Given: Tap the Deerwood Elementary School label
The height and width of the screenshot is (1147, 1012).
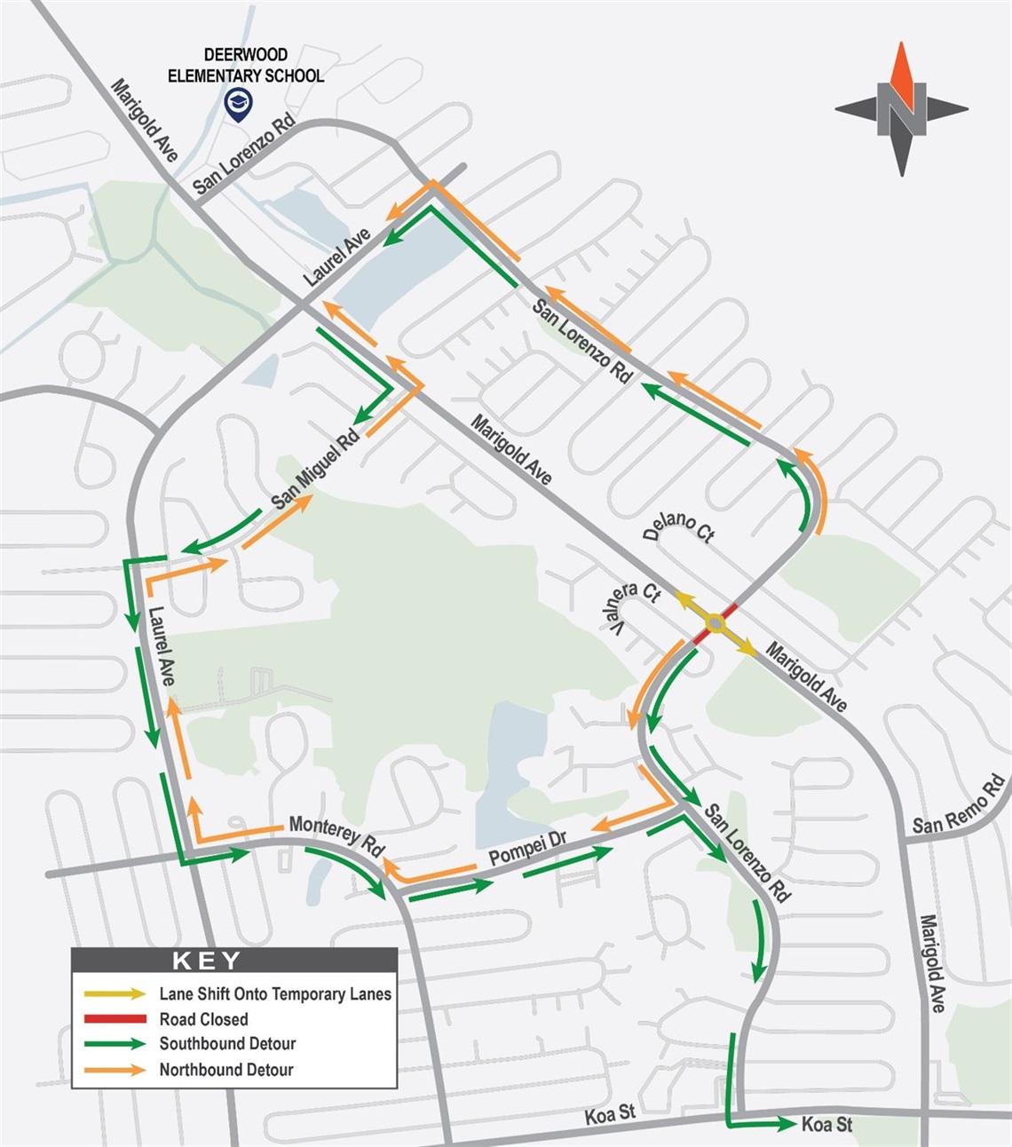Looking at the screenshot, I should click(x=246, y=66).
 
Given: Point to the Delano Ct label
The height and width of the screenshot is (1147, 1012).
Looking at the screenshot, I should click(x=679, y=526).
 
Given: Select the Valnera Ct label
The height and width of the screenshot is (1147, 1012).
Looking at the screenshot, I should click(x=636, y=608).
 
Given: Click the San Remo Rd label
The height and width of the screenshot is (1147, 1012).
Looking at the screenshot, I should click(x=959, y=804).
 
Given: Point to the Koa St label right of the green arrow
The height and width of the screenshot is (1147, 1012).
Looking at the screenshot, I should click(x=826, y=1125).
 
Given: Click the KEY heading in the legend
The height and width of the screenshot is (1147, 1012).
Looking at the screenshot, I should click(x=206, y=961).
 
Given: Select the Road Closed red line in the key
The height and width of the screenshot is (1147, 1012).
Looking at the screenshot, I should click(x=115, y=1019).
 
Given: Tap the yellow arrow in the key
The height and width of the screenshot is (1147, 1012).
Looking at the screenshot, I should click(x=115, y=994).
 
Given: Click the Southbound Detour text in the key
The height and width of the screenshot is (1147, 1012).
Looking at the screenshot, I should click(x=227, y=1044).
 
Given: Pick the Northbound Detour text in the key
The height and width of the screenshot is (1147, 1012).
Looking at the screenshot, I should click(x=226, y=1070).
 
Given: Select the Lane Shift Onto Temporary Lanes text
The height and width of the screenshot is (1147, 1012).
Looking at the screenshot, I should click(x=275, y=994).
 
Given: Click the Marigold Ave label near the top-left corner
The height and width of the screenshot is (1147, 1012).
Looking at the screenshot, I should click(x=145, y=120).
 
